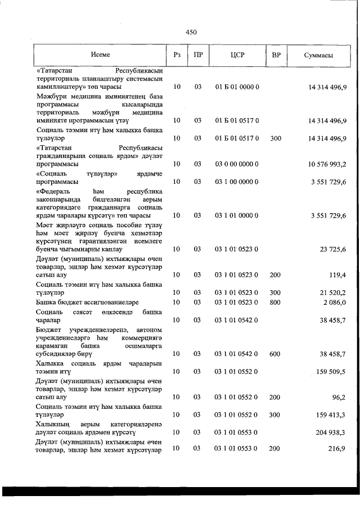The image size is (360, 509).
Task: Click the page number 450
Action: [191, 32]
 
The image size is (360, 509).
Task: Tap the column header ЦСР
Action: [236, 55]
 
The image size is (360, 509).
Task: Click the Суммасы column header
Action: [318, 55]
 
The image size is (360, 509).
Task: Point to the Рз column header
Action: [177, 55]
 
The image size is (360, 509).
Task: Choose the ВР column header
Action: [276, 55]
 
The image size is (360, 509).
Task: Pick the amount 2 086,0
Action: [334, 302]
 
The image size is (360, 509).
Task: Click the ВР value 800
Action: [275, 302]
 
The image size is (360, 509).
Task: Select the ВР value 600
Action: [275, 354]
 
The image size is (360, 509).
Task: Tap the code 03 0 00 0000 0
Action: [236, 164]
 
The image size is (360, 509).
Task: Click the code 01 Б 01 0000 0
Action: [236, 87]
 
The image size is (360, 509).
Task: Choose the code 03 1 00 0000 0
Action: [236, 182]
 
